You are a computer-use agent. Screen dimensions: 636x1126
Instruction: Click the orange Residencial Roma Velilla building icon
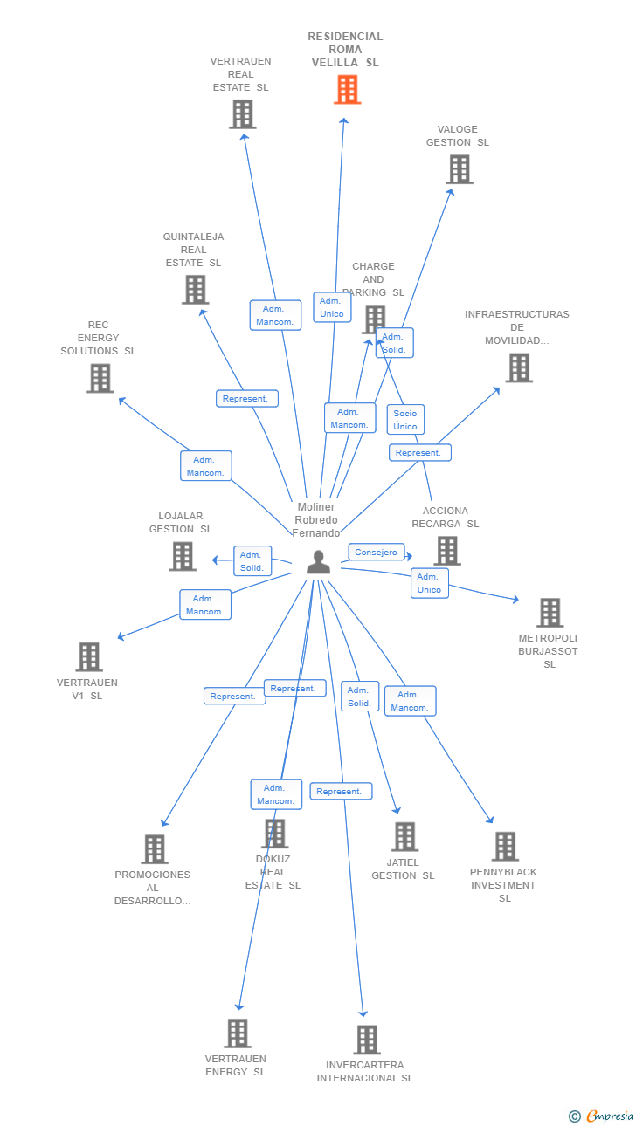coord(347,90)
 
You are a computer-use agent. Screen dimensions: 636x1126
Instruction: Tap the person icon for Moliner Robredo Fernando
coord(318,562)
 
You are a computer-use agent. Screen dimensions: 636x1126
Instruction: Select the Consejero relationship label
coord(377,552)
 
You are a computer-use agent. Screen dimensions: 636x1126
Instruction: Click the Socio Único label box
coord(405,420)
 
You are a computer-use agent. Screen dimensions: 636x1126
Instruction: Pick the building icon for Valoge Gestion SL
coord(460,169)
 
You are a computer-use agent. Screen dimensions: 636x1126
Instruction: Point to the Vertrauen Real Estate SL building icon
coord(243,114)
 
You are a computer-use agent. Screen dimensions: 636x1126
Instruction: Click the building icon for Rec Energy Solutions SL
coord(100,378)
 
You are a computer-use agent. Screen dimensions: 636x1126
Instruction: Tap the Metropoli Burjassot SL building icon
coord(550,612)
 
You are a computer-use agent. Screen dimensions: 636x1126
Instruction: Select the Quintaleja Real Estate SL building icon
coord(195,290)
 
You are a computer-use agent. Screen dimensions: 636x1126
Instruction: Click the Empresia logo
coord(601,1116)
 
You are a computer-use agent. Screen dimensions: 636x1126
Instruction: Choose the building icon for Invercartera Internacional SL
coord(367,1039)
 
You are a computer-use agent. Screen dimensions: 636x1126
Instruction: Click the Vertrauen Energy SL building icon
coord(238,1033)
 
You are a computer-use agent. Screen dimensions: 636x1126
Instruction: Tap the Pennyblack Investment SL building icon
coord(505,846)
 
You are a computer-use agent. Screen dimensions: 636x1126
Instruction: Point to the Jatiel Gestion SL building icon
coord(404,836)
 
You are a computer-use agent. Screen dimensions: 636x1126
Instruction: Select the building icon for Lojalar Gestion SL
coord(182,556)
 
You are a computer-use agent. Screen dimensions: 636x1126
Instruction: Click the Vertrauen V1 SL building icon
coord(89,656)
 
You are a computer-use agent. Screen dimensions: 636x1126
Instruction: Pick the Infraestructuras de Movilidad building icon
coord(519,367)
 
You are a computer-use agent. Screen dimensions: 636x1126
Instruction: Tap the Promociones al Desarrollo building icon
coord(155,849)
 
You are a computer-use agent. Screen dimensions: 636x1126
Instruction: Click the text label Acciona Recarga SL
coord(446,518)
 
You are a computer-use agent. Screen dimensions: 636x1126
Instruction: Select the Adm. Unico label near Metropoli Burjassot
coord(429,583)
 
